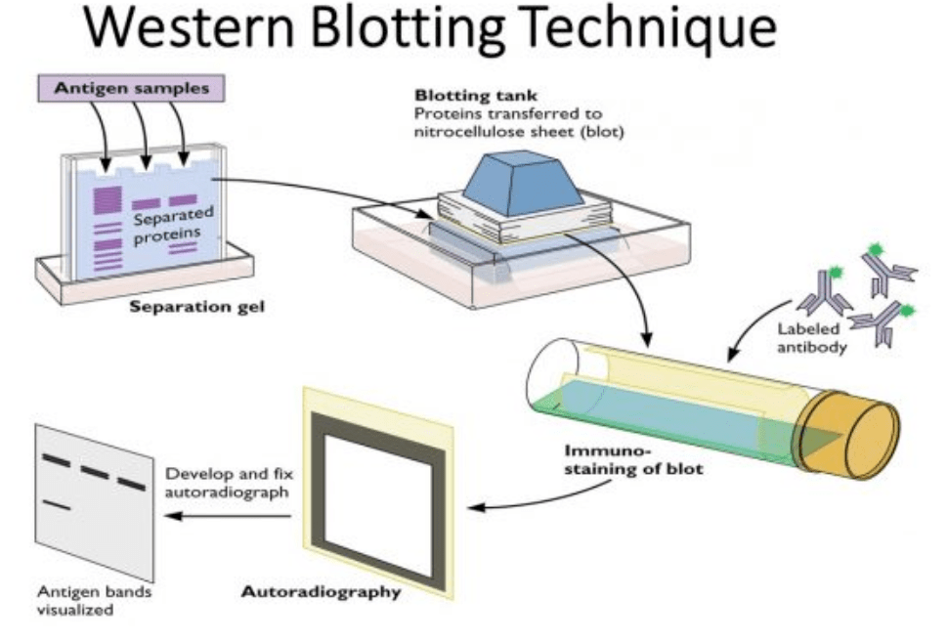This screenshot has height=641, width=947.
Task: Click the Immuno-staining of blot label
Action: coord(632,459)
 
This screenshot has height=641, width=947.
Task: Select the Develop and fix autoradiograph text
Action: coord(230,483)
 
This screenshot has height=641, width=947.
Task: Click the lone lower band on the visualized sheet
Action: coord(57,504)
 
